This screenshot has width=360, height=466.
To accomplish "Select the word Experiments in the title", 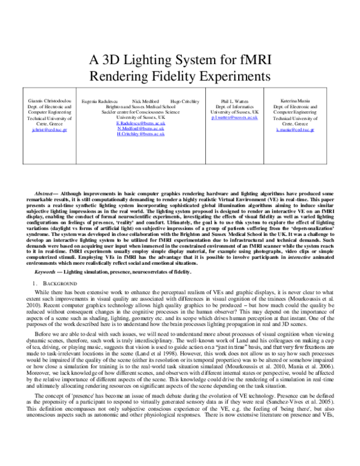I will [222, 76].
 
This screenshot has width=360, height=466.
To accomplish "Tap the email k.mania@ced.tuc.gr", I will [300, 130].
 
